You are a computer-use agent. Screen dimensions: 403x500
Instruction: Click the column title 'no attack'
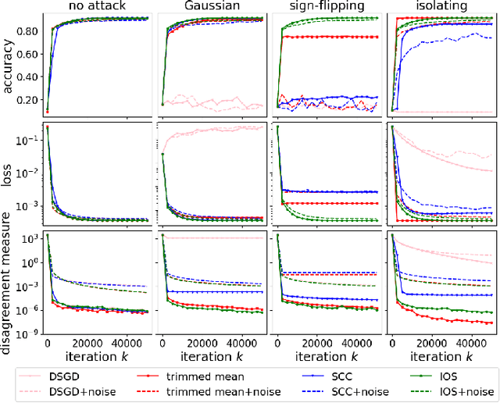click(97, 7)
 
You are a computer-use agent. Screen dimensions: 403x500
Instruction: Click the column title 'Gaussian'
click(212, 7)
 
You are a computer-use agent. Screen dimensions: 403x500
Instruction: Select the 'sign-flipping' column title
click(325, 7)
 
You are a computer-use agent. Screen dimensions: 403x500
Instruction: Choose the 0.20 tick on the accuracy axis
click(29, 100)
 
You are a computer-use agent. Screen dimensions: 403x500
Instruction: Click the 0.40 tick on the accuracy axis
click(29, 77)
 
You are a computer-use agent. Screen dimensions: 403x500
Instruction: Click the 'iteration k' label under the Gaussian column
click(211, 357)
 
